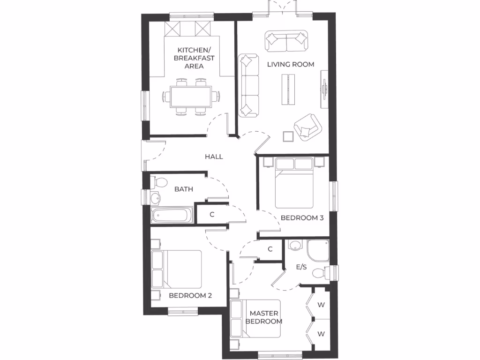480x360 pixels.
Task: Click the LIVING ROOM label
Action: [290, 64]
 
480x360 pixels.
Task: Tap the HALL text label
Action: [214, 157]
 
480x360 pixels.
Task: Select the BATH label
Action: [184, 189]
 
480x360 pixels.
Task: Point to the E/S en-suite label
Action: [301, 267]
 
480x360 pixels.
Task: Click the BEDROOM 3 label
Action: [302, 218]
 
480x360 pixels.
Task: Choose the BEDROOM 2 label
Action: [190, 295]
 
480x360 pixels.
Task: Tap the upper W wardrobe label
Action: [321, 305]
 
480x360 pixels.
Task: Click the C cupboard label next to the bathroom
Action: [212, 215]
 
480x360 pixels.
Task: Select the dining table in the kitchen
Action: [190, 97]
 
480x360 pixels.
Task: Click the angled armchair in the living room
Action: [307, 126]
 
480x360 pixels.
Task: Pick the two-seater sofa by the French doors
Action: [286, 41]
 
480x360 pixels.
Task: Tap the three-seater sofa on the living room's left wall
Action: [249, 85]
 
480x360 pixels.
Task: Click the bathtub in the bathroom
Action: [171, 216]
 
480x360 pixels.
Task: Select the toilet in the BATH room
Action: [159, 182]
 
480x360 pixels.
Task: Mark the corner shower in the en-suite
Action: [318, 250]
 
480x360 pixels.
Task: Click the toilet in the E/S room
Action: [321, 273]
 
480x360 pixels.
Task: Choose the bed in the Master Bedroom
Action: [255, 319]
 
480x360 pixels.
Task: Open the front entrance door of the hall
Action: [145, 156]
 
